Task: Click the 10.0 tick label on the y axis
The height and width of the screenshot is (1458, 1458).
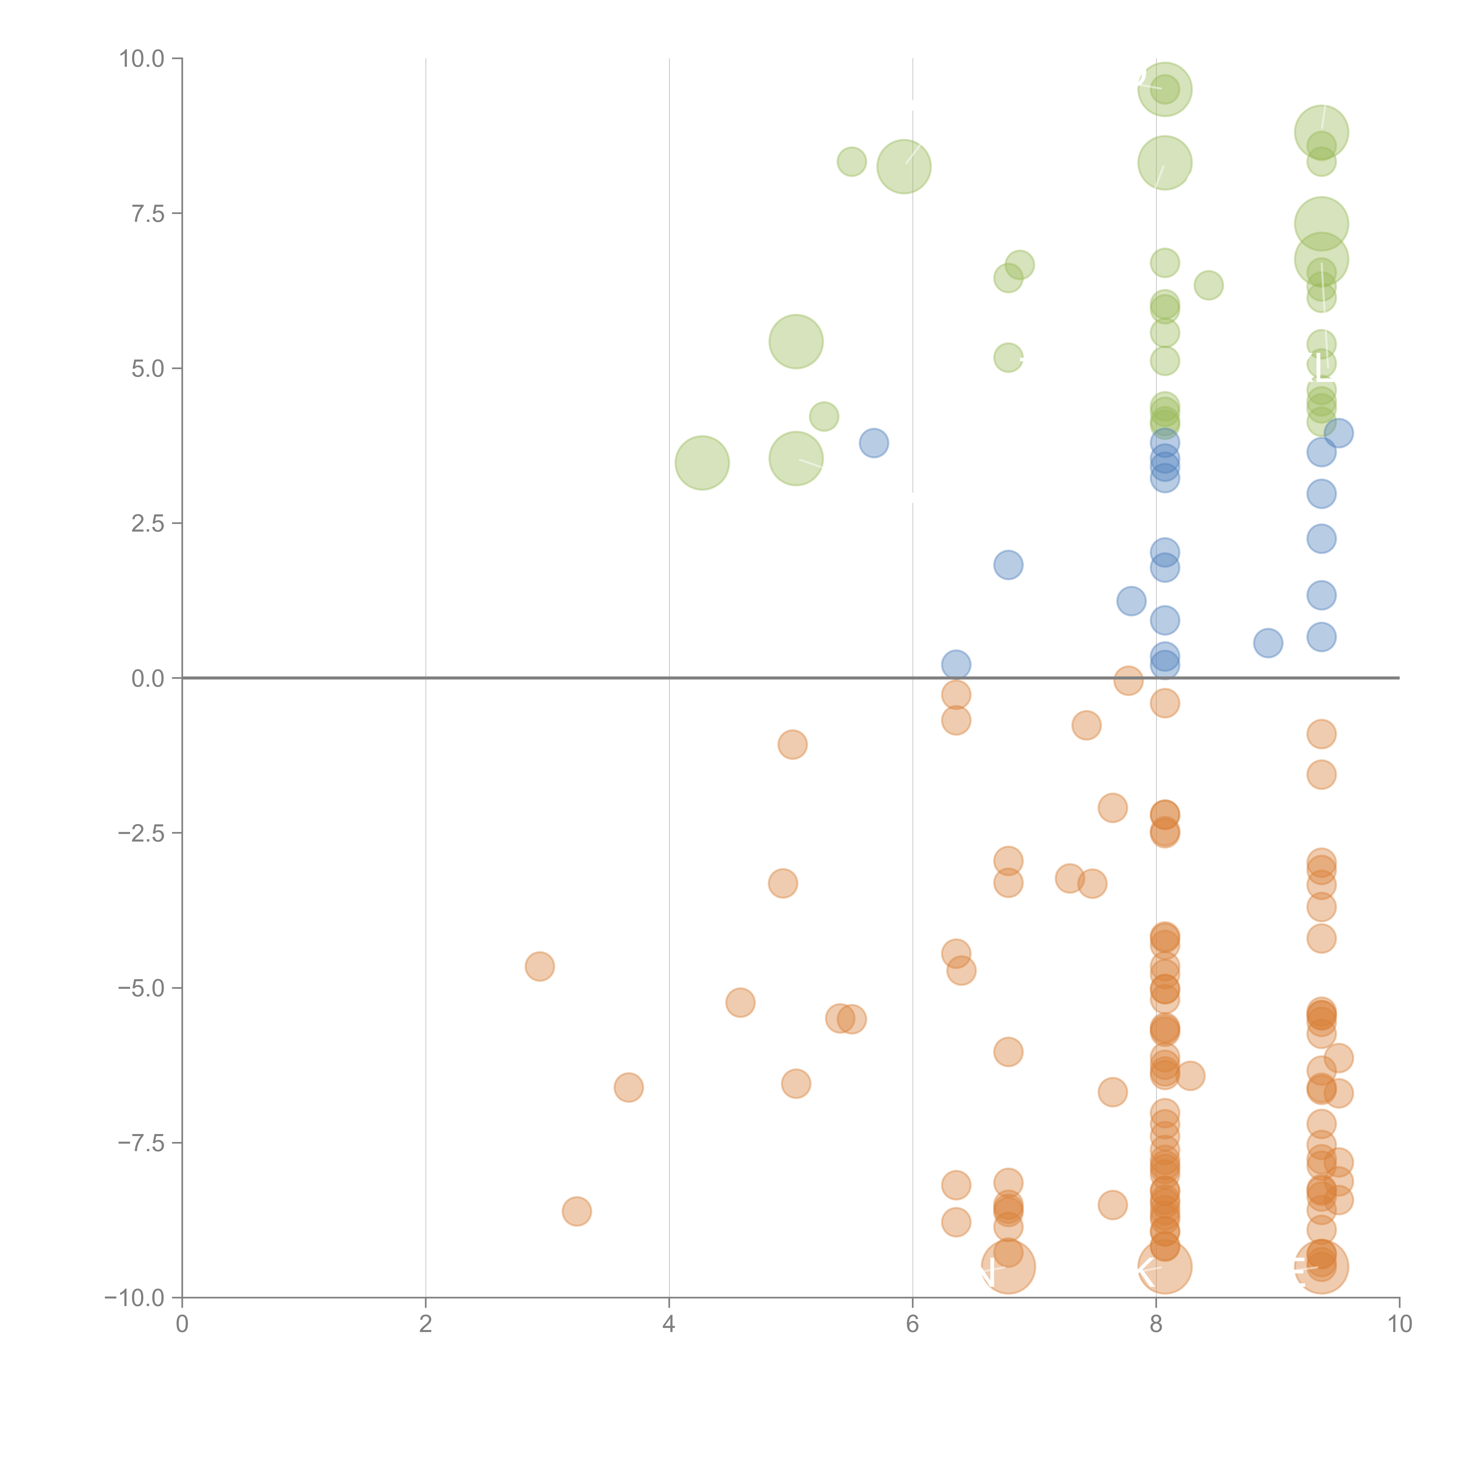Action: coord(142,59)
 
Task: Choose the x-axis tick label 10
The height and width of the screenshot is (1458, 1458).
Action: coord(1399,1324)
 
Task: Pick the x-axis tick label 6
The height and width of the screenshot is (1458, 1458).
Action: coord(912,1324)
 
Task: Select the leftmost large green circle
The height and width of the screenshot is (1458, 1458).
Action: coord(702,462)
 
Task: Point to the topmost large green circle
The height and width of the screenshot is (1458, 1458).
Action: coord(1164,89)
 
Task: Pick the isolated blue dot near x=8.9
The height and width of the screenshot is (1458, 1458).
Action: coord(1268,643)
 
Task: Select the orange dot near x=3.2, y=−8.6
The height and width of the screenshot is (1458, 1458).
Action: coord(576,1211)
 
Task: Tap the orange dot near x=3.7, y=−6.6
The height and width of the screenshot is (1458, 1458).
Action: coord(629,1087)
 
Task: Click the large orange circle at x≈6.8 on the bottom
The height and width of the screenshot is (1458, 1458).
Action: coord(1008,1267)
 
